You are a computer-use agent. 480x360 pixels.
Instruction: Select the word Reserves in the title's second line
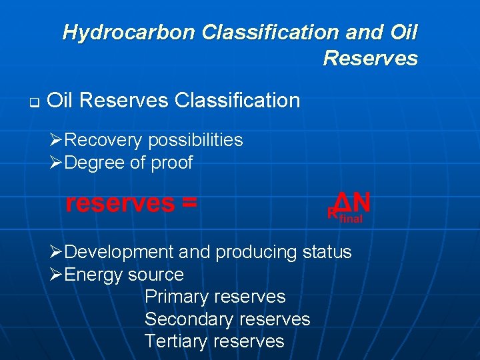[x=370, y=59]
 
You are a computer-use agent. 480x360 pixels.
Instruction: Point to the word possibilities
[x=195, y=140]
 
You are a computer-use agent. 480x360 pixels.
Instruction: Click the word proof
[x=173, y=163]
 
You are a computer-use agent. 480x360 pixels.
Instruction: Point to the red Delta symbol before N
[x=342, y=201]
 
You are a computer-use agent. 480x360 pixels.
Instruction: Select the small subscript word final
[x=351, y=219]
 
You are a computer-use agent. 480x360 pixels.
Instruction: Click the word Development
[x=119, y=252]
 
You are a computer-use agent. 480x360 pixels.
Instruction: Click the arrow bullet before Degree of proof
[x=57, y=163]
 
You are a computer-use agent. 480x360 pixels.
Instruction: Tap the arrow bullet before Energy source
[x=57, y=275]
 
